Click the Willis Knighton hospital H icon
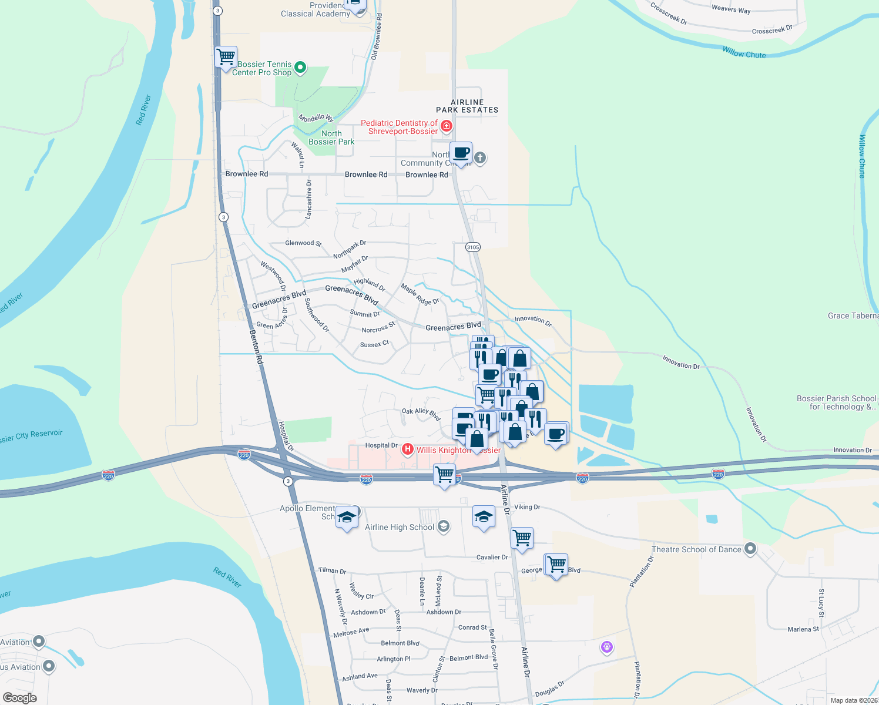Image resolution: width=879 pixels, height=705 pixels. click(407, 449)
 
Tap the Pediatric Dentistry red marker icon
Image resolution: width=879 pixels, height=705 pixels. click(447, 126)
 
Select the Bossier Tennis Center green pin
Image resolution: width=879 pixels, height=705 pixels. click(300, 68)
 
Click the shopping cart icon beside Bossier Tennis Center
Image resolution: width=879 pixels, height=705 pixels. click(226, 57)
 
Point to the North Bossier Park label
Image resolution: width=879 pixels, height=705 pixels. click(331, 137)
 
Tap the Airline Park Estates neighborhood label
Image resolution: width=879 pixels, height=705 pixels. click(467, 106)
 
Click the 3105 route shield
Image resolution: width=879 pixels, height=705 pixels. click(473, 247)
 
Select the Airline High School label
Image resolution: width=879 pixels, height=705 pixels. click(400, 527)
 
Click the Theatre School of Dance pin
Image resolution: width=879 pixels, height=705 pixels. click(750, 549)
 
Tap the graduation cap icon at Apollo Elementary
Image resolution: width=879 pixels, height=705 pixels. click(347, 517)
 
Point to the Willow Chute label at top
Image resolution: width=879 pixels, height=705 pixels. click(744, 53)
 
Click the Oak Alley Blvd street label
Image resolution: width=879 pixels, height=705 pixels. click(421, 414)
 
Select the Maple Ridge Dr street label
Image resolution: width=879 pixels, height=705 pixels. click(420, 294)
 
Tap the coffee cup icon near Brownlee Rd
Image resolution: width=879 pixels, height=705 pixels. click(461, 153)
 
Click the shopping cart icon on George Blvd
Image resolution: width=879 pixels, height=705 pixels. click(556, 565)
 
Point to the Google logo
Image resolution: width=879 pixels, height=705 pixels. click(20, 698)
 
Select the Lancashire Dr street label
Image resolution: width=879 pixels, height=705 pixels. click(308, 200)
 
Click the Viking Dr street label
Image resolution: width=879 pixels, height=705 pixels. click(527, 507)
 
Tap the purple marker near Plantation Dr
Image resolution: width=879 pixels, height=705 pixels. click(607, 647)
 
